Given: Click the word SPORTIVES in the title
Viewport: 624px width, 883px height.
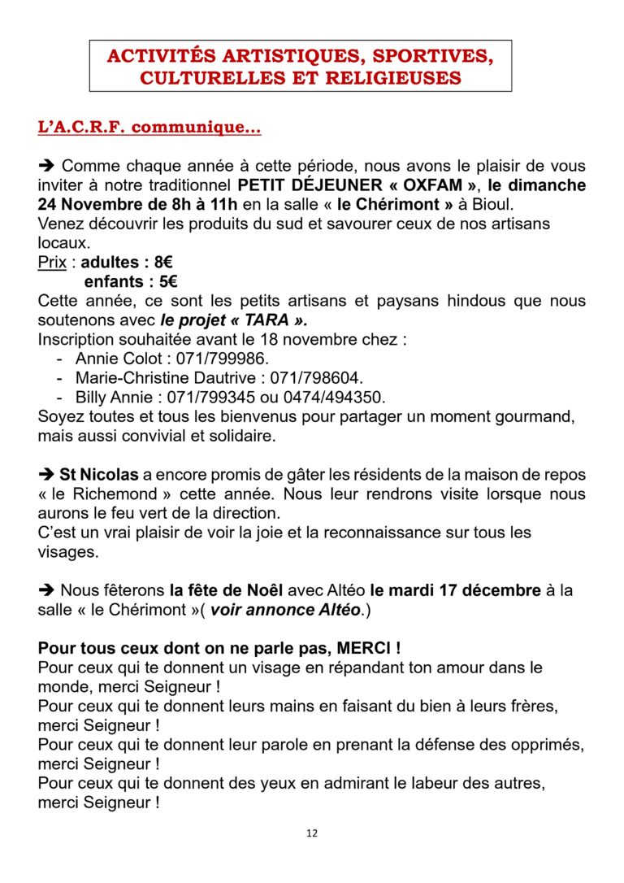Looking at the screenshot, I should [x=424, y=56].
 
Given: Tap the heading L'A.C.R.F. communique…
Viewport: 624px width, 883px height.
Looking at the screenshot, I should [x=149, y=128].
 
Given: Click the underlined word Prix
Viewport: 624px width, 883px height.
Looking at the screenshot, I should [x=53, y=263].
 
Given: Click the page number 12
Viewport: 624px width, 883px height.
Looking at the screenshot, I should [x=312, y=833].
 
